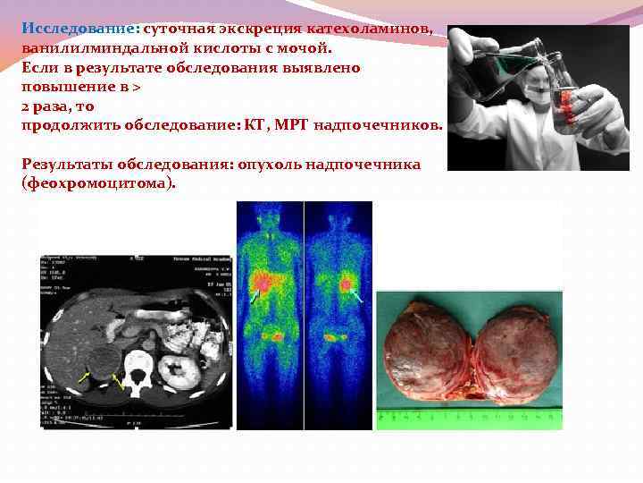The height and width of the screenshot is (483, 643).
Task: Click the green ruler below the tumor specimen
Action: click(469, 416)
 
